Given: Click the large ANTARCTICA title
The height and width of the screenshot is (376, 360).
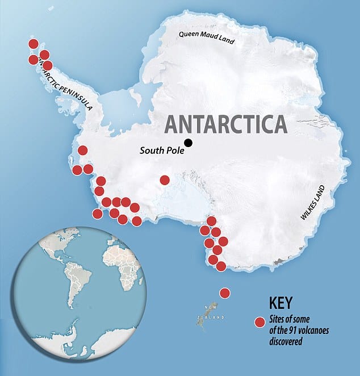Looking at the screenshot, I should [225, 124].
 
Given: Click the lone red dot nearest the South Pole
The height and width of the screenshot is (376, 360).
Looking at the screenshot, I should [165, 180].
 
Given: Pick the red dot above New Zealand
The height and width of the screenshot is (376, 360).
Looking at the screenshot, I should [224, 293].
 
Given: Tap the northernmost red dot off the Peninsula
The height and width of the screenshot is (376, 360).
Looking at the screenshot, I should [33, 44].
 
